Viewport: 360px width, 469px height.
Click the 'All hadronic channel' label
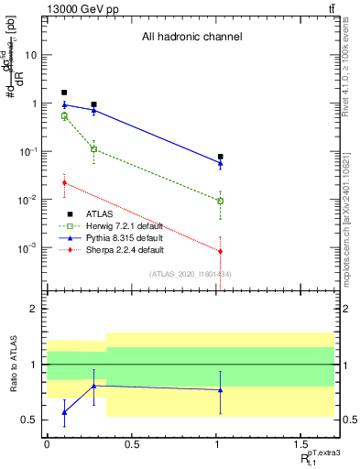click(x=191, y=38)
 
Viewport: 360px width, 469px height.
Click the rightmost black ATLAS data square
click(x=221, y=157)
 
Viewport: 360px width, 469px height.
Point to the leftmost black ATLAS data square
click(x=64, y=93)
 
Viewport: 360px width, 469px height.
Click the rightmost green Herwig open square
click(x=221, y=201)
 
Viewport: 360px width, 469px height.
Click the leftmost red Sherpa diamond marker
click(x=64, y=183)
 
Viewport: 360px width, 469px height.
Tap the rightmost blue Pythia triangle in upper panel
click(x=221, y=163)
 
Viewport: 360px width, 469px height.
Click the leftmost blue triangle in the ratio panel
click(x=64, y=412)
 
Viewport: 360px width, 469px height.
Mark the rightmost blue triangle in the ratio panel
click(x=221, y=389)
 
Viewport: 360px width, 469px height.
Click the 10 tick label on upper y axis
click(x=30, y=55)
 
